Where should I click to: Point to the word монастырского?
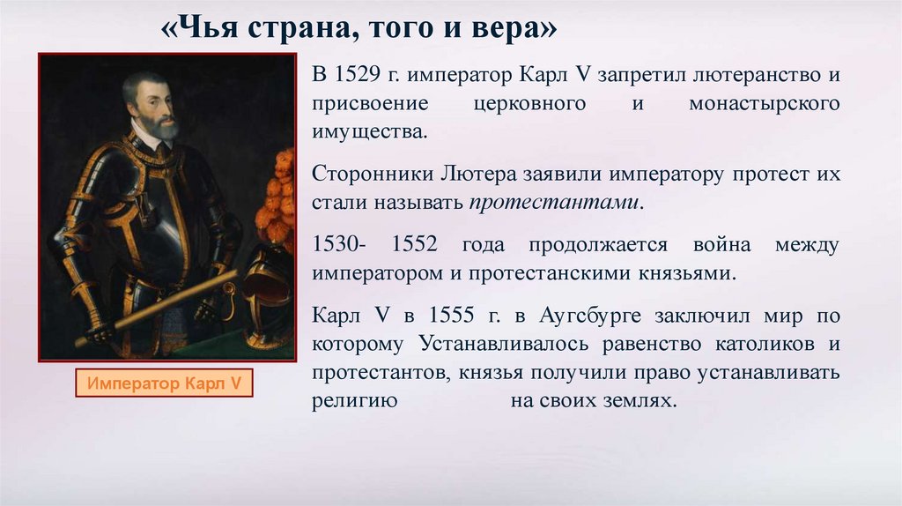[x=765, y=104]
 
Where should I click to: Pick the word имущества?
[x=369, y=132]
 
